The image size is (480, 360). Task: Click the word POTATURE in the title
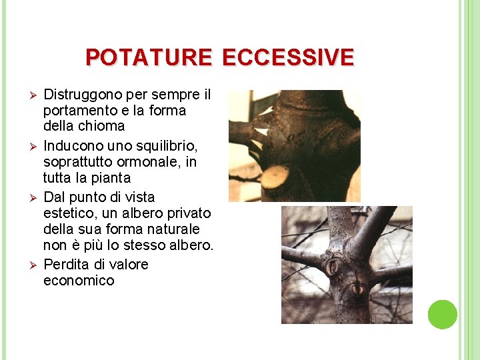(148, 57)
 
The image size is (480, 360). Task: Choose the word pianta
(109, 178)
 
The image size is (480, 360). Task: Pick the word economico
(79, 281)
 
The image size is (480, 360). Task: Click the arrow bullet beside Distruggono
(26, 94)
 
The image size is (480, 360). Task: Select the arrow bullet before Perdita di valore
(26, 265)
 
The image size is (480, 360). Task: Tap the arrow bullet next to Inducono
(26, 145)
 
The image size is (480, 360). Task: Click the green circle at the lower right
(442, 315)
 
